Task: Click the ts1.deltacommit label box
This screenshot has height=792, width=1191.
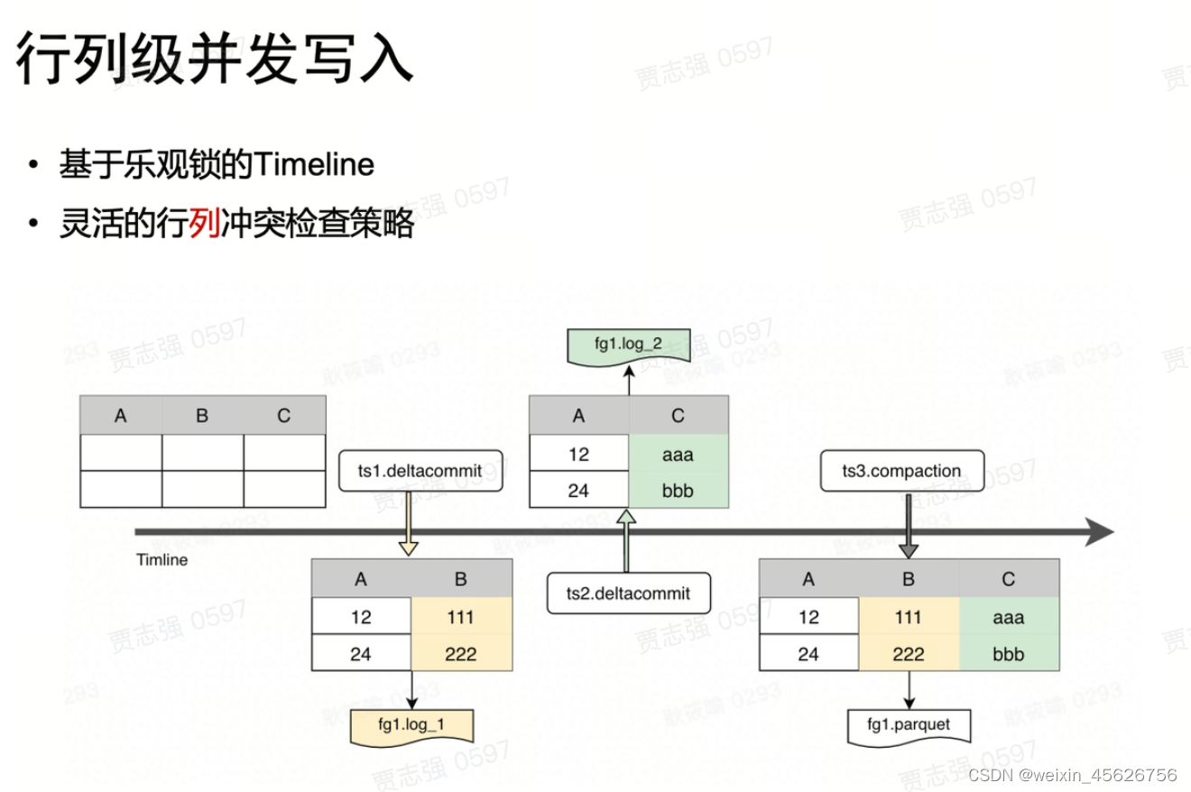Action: tap(420, 471)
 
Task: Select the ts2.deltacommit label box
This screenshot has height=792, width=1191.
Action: tap(628, 593)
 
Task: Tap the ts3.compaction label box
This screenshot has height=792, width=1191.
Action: tap(901, 471)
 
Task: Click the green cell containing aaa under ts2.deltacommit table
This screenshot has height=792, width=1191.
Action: tap(679, 455)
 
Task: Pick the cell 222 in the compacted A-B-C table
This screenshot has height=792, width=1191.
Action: tap(908, 654)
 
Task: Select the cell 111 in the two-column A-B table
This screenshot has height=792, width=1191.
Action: tap(460, 618)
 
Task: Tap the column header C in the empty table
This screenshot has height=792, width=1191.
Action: tap(284, 416)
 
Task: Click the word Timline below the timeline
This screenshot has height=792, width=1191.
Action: tap(162, 560)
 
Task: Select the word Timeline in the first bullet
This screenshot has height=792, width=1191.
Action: tap(314, 165)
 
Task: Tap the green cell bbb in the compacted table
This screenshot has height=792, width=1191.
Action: tap(1008, 654)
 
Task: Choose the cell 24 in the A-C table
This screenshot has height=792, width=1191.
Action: tap(579, 492)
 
